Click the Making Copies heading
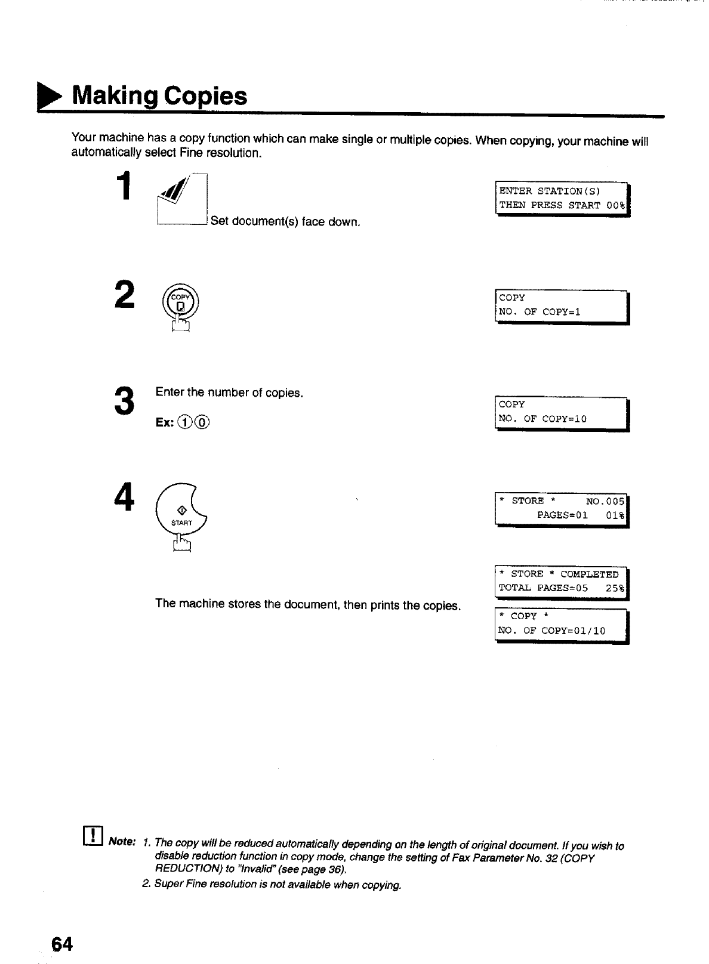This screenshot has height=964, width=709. tap(159, 95)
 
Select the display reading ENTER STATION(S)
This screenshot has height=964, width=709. tap(562, 197)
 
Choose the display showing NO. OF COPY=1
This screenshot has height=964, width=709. tap(561, 305)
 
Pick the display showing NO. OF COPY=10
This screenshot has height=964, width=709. tap(561, 412)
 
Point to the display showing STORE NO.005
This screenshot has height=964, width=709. tap(561, 508)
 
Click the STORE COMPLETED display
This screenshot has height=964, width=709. tap(561, 581)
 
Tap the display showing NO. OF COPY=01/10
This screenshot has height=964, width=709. tap(561, 623)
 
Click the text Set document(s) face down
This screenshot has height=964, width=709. tap(285, 222)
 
